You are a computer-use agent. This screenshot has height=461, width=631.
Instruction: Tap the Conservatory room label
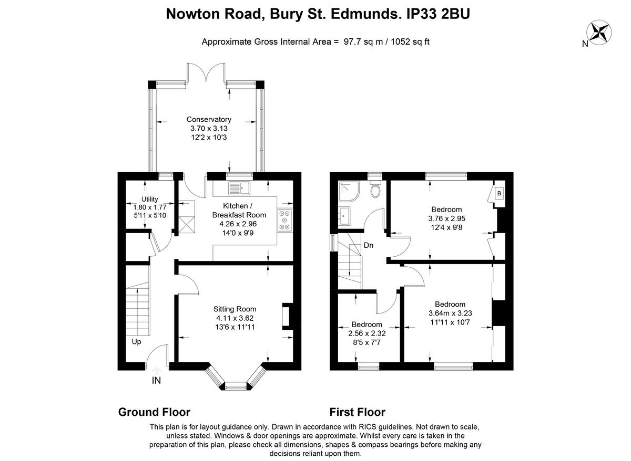[x=209, y=120]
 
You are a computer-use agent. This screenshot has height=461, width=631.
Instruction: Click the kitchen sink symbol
[x=240, y=187]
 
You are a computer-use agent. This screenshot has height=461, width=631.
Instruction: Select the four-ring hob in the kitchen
[x=286, y=220]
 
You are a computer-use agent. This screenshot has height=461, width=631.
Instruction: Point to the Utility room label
[x=149, y=200]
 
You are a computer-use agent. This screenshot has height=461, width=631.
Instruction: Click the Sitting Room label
[x=235, y=309]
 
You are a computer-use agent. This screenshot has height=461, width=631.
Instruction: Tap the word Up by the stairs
[x=137, y=341]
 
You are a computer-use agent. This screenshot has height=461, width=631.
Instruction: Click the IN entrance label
[x=156, y=381]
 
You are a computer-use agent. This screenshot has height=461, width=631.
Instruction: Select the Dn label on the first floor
[x=369, y=245]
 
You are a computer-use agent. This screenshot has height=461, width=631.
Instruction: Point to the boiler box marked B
[x=499, y=193]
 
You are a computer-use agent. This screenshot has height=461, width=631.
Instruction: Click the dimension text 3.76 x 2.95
[x=446, y=218]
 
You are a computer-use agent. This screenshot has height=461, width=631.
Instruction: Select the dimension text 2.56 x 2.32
[x=367, y=333]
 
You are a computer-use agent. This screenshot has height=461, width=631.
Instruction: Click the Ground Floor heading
[x=154, y=412]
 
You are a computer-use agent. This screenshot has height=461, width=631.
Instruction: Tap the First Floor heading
[x=357, y=412]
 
